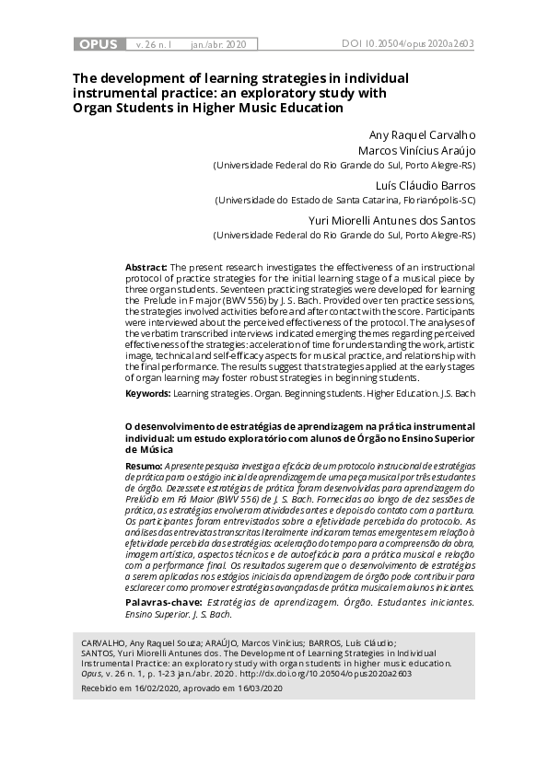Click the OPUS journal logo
(99, 43)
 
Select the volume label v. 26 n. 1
(153, 43)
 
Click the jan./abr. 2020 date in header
(218, 43)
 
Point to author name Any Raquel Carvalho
(421, 134)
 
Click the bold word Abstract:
(146, 266)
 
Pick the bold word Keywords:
(147, 393)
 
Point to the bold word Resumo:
(143, 467)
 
